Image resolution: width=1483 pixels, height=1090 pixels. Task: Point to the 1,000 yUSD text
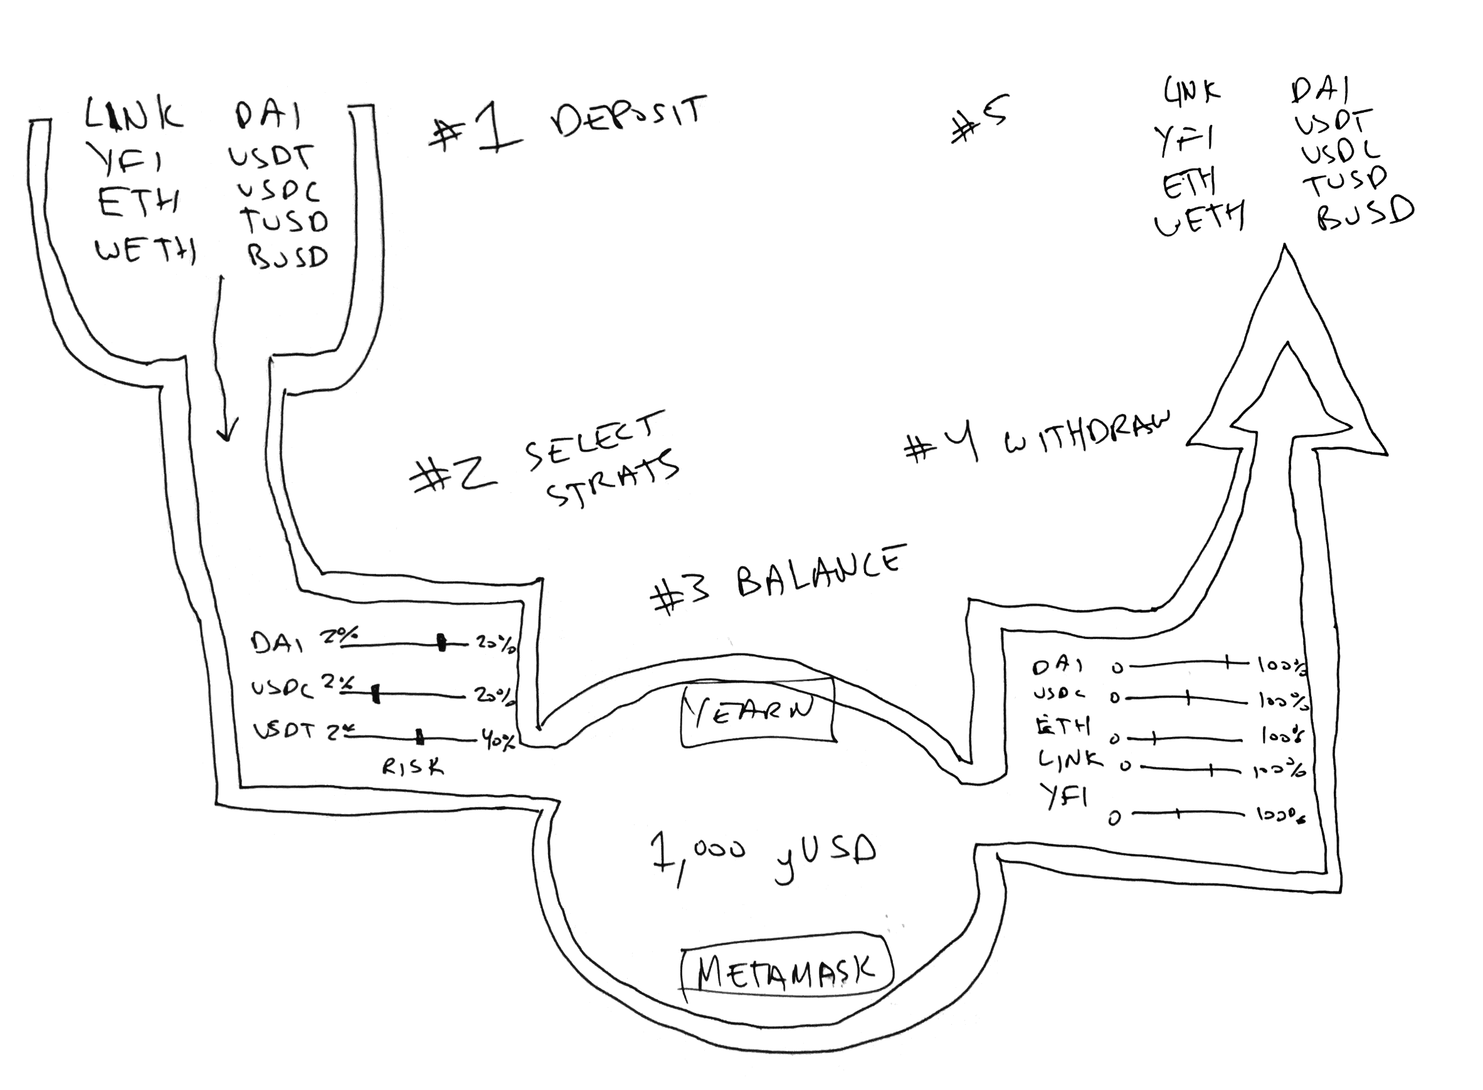pyautogui.click(x=763, y=855)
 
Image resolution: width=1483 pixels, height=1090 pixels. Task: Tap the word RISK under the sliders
pyautogui.click(x=413, y=766)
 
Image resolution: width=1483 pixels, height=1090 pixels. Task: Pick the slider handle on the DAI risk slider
pyautogui.click(x=442, y=642)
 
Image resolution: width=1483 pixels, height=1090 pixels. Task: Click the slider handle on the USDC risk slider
pyautogui.click(x=376, y=694)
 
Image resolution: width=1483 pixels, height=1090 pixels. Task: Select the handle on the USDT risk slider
pyautogui.click(x=420, y=738)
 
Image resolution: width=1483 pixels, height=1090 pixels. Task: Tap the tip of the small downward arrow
pyautogui.click(x=227, y=439)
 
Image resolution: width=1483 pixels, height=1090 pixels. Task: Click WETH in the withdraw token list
pyautogui.click(x=1197, y=218)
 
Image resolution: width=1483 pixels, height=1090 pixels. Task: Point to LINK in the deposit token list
pyautogui.click(x=134, y=116)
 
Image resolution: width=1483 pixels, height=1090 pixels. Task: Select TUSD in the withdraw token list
pyautogui.click(x=1343, y=181)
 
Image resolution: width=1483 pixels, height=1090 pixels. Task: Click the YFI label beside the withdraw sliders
pyautogui.click(x=1065, y=797)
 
